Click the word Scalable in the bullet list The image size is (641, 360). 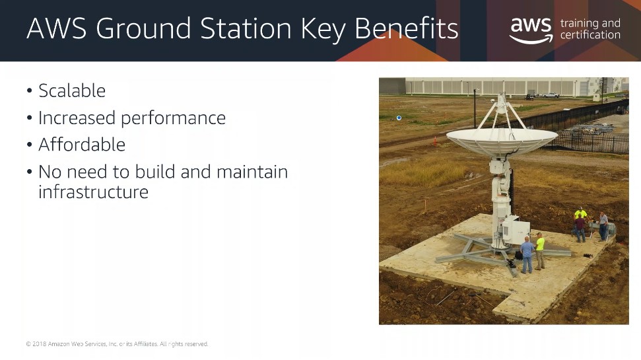[72, 90]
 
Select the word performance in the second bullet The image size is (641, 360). [174, 118]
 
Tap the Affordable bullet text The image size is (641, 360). [82, 145]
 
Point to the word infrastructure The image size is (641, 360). [93, 192]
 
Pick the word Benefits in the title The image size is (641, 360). [407, 28]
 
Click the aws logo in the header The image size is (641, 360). [531, 30]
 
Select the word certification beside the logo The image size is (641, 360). [590, 35]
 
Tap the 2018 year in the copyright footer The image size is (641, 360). [39, 344]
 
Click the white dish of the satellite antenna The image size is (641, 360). [502, 140]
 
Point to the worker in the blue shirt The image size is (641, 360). [527, 255]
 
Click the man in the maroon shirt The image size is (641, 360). [580, 228]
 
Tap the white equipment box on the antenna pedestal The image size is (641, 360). [516, 231]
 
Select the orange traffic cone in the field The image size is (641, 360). [435, 141]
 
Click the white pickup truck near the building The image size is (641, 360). [551, 95]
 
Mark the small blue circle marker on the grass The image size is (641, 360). [399, 118]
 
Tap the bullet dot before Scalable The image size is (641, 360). [30, 90]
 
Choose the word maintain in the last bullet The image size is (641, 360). [252, 172]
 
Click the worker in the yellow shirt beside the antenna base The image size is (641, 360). [540, 251]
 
